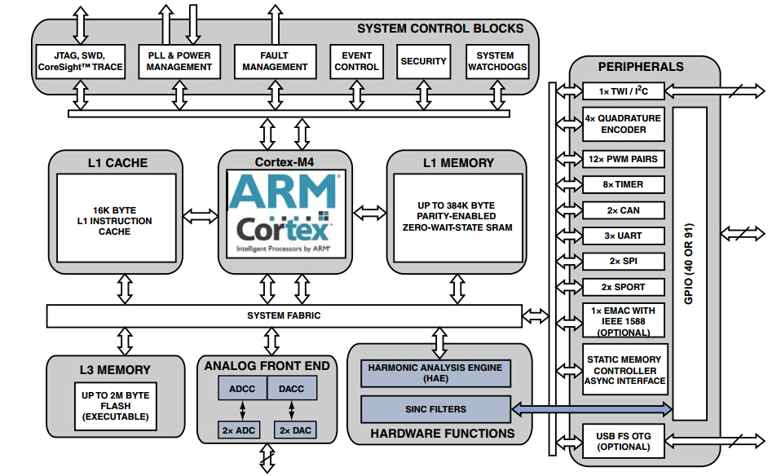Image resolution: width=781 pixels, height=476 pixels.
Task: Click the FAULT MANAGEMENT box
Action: (x=275, y=61)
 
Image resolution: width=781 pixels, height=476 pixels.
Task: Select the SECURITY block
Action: (x=424, y=61)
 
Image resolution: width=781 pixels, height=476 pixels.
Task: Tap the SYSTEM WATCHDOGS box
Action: (x=496, y=61)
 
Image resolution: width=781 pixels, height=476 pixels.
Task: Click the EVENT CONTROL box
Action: (x=356, y=61)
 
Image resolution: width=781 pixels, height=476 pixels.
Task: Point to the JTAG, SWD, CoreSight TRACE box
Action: (x=81, y=61)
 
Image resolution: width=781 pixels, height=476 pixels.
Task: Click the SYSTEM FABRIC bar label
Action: (x=284, y=315)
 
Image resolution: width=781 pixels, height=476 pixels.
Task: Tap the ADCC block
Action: (x=242, y=389)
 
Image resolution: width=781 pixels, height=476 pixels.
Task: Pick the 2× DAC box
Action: (x=295, y=430)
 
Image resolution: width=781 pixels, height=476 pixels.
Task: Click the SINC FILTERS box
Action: (x=435, y=408)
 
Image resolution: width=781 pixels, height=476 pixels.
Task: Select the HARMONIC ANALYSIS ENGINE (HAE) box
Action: (x=435, y=374)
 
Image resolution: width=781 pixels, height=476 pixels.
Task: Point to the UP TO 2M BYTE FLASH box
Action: (x=115, y=405)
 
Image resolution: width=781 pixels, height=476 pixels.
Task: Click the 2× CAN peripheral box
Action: (x=624, y=210)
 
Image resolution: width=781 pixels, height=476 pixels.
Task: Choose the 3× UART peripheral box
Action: (x=624, y=236)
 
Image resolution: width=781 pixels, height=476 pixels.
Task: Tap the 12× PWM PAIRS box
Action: (x=624, y=158)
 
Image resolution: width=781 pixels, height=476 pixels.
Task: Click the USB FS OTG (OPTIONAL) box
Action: (x=624, y=441)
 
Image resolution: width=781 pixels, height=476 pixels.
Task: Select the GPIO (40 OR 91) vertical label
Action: (x=689, y=261)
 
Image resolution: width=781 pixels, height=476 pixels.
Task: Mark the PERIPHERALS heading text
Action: (x=641, y=66)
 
